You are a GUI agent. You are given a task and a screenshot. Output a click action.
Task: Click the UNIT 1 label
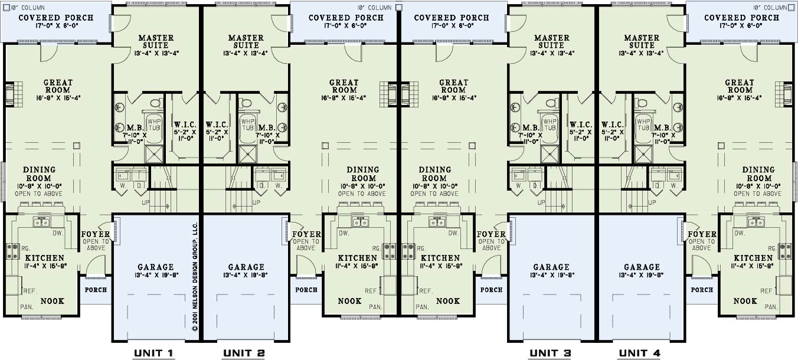[x=153, y=354]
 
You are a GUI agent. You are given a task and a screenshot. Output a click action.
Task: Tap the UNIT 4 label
[x=639, y=354]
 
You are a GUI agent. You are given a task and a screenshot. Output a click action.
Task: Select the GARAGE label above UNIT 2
[x=246, y=267]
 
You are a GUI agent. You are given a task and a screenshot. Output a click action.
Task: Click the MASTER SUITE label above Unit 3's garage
[x=551, y=41]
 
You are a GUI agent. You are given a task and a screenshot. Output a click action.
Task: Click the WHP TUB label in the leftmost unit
[x=154, y=125]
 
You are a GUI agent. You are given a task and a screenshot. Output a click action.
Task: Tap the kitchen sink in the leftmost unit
[x=41, y=222]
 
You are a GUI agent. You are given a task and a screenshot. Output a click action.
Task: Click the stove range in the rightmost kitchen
[x=785, y=251]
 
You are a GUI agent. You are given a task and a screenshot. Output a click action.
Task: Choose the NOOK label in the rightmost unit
[x=745, y=301]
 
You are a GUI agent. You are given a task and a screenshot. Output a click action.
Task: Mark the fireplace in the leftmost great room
[x=13, y=94]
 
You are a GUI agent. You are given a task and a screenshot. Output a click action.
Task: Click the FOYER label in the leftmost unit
[x=96, y=234]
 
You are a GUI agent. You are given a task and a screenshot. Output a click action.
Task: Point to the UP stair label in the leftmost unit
[x=146, y=202]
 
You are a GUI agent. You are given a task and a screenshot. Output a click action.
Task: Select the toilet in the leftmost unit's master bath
[x=156, y=103]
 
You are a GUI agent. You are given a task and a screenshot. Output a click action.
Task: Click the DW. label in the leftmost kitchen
[x=58, y=233]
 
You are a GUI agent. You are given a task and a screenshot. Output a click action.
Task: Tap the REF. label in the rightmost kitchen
[x=767, y=291]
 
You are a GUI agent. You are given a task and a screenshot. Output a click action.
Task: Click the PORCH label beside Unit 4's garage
[x=702, y=290]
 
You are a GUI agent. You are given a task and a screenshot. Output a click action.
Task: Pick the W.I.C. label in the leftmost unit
[x=185, y=125]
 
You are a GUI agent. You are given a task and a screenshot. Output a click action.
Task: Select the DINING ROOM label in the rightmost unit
[x=758, y=174]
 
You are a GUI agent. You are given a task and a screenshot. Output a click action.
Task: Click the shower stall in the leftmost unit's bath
[x=154, y=154]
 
